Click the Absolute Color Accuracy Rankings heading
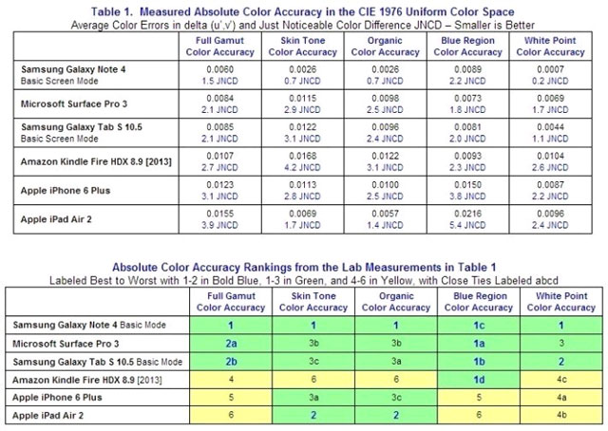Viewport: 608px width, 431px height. [304, 267]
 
